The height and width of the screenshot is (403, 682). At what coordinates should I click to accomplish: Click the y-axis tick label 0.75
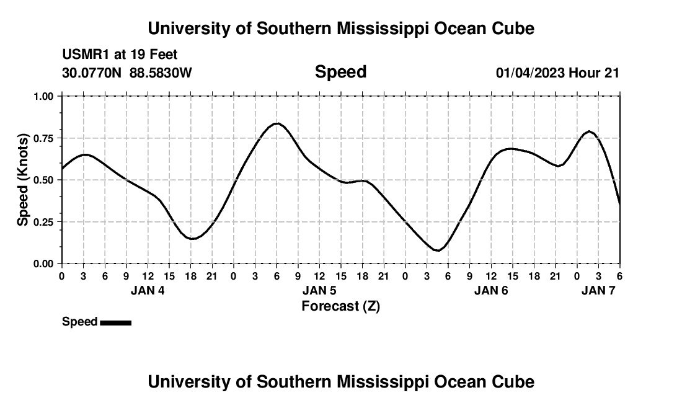[43, 138]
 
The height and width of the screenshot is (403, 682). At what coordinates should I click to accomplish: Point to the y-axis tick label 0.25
[43, 222]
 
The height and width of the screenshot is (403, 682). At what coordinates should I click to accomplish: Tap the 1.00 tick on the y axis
[43, 96]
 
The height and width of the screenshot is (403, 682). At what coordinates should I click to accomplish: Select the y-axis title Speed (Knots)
[23, 180]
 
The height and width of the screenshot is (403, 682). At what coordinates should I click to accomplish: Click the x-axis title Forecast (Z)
[340, 306]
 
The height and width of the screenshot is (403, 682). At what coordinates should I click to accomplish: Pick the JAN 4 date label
[148, 290]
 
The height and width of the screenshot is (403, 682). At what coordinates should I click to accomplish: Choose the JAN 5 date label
[319, 290]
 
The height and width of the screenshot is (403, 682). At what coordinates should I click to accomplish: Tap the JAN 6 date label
[491, 290]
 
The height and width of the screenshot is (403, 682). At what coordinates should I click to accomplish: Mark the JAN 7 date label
[598, 290]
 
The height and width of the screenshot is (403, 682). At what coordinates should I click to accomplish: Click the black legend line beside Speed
[115, 322]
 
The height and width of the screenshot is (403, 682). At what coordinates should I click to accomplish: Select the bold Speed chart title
[340, 72]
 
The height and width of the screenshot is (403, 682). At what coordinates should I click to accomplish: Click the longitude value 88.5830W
[161, 73]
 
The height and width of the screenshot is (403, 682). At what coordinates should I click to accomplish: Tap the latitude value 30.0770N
[93, 73]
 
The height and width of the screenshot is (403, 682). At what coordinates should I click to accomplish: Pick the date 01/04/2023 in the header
[530, 73]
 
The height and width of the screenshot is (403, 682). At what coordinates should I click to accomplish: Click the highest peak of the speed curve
[277, 123]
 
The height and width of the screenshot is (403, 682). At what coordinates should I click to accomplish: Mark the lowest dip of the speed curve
[437, 250]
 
